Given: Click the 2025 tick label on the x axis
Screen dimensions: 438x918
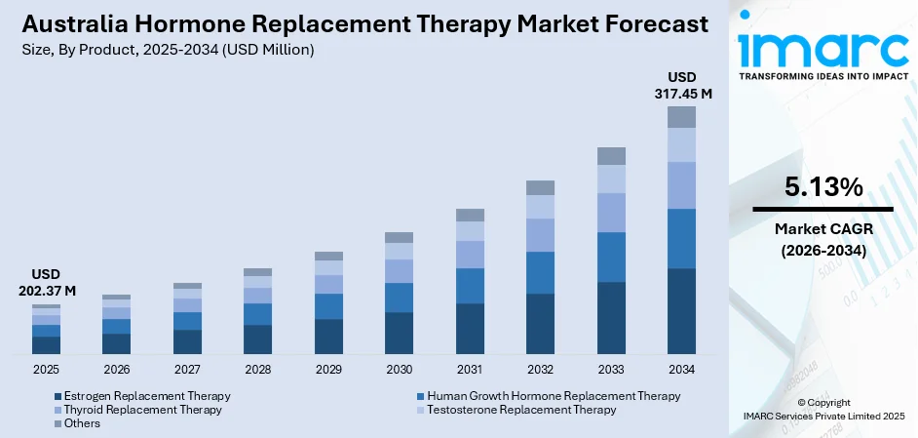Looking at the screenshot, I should [46, 370].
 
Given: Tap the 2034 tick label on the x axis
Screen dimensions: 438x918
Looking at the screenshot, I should [681, 370].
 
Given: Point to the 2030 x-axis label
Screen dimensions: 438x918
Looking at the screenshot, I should [399, 370].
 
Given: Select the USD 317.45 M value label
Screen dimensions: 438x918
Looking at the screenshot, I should [681, 85].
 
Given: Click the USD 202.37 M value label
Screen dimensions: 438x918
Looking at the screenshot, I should [47, 283].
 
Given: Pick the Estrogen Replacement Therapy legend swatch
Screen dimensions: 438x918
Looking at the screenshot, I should [57, 396].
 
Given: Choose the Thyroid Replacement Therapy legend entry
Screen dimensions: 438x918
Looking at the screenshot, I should [142, 410].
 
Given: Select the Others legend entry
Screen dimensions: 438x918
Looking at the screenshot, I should [82, 423].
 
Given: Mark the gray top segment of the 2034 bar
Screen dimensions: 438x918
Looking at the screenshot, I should [681, 117].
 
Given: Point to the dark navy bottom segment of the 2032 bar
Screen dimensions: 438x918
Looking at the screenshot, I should [540, 323].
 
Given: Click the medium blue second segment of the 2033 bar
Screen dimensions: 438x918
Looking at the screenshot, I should [611, 257].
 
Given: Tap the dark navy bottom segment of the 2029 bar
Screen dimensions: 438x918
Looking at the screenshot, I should [328, 336].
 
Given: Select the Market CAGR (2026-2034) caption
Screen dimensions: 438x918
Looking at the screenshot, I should [822, 239].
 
